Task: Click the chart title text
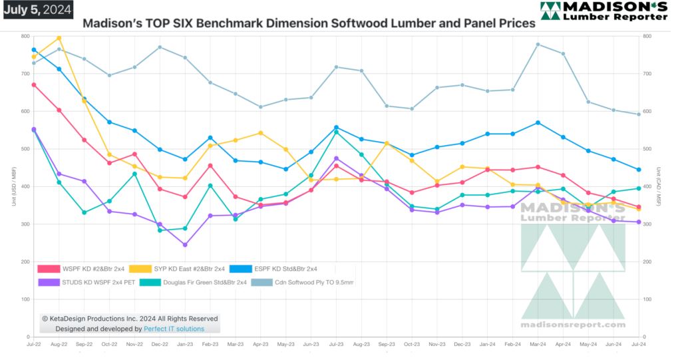[309, 23]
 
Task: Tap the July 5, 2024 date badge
[37, 9]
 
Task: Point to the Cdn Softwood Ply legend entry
[300, 282]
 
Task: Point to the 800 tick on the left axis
[25, 36]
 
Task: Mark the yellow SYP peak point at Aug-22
[59, 38]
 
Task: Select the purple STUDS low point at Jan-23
[185, 245]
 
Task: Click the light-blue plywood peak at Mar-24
[538, 45]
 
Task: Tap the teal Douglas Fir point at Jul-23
[337, 132]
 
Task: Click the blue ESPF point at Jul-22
[34, 50]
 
